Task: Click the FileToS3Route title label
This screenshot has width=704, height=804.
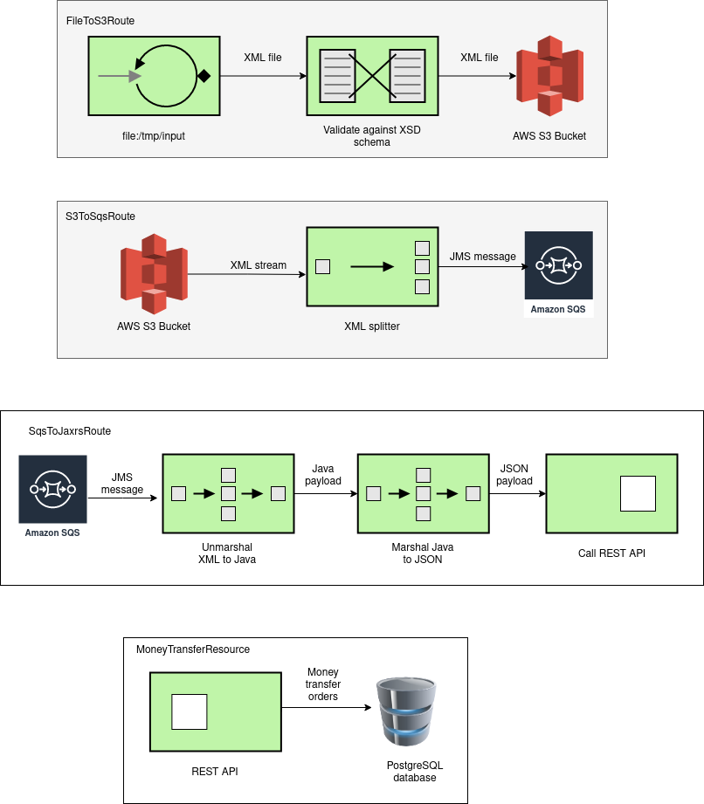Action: tap(100, 21)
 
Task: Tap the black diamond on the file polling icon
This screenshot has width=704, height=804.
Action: tap(204, 77)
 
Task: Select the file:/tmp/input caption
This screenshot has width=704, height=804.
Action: tap(154, 136)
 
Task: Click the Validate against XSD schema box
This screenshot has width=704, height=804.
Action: tap(372, 76)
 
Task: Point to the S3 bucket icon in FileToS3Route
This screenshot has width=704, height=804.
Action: tap(549, 76)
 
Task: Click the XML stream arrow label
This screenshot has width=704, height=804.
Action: tap(258, 265)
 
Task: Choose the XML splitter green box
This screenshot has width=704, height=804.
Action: tap(372, 266)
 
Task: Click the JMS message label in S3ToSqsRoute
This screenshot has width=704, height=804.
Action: tap(483, 257)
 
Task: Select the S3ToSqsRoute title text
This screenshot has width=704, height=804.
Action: tap(100, 216)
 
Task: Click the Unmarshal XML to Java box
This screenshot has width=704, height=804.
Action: tap(228, 494)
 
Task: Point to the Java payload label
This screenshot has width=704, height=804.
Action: tap(323, 475)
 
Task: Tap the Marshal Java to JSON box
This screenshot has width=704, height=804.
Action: tap(424, 494)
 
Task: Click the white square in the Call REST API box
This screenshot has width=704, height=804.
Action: tap(638, 494)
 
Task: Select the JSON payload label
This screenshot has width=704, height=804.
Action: tap(514, 475)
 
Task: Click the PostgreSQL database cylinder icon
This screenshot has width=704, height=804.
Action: tap(406, 711)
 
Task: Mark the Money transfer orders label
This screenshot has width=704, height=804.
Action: tap(323, 684)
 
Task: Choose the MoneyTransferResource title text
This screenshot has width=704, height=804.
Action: tap(193, 649)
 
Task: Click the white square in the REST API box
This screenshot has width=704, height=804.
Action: tap(190, 711)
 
